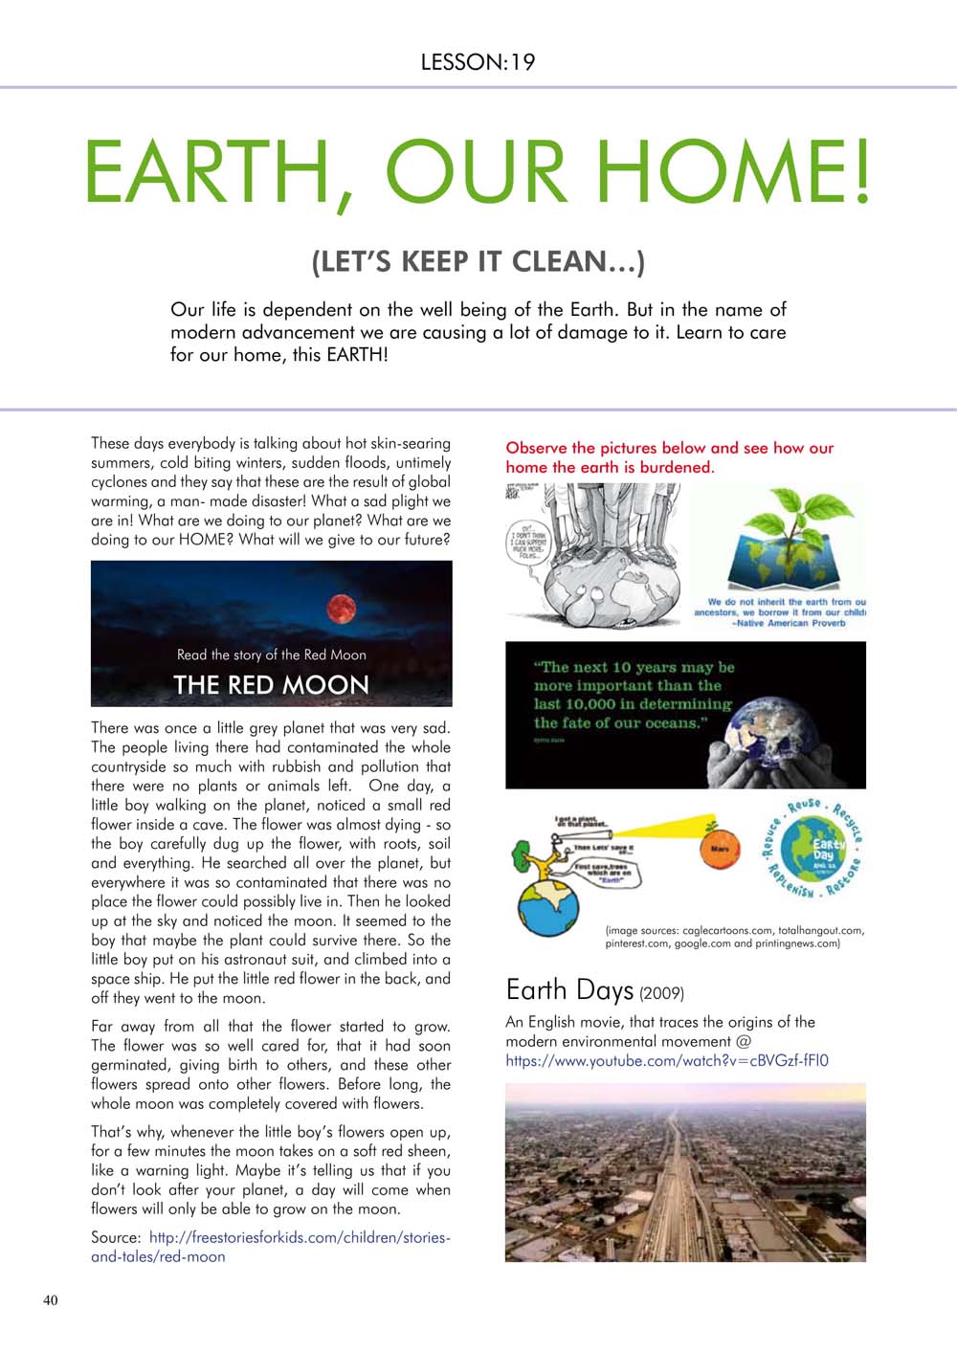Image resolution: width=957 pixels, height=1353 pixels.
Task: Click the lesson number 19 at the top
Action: click(x=523, y=63)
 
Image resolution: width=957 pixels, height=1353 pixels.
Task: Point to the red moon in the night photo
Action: click(x=341, y=608)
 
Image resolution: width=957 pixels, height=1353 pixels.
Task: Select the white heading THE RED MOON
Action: click(x=271, y=685)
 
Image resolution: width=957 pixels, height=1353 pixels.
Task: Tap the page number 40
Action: click(x=50, y=1299)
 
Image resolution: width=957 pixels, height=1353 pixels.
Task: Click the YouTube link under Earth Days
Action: click(x=667, y=1060)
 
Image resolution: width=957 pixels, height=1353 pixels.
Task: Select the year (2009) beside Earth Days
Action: click(x=661, y=993)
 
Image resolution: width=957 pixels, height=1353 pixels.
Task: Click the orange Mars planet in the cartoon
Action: click(x=720, y=849)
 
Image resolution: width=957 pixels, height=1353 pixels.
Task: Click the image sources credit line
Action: click(x=734, y=936)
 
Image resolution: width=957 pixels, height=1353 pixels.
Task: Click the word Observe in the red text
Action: click(x=536, y=448)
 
